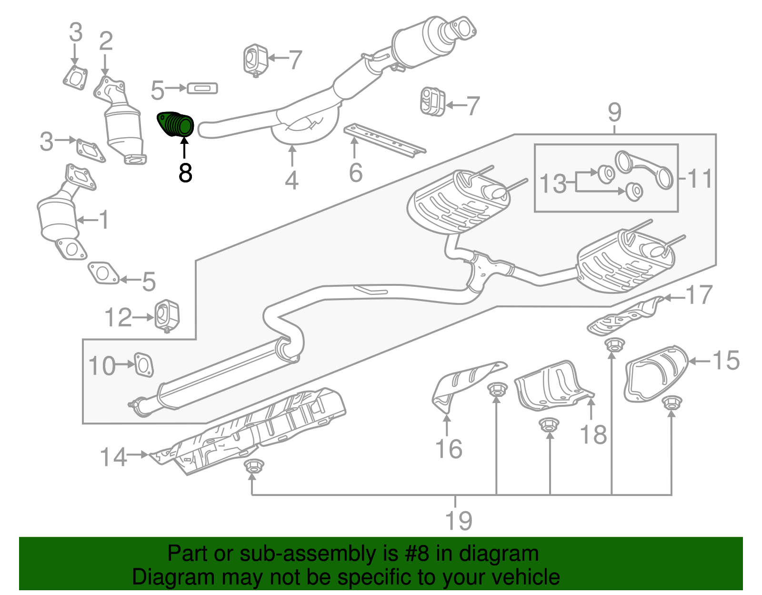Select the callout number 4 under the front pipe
291,181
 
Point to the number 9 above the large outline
614,112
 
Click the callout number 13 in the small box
553,184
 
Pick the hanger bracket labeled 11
645,169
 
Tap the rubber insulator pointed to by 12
167,315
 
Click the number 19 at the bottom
458,520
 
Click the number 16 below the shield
449,449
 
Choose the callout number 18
593,434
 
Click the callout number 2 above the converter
106,41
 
